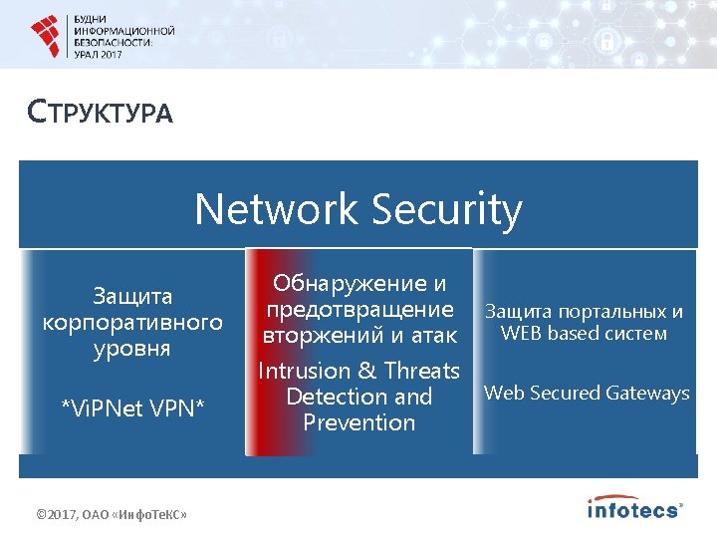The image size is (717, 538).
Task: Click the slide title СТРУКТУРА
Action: pos(101,111)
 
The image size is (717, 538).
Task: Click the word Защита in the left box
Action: pos(132,296)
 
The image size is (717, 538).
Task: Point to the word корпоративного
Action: pos(132,323)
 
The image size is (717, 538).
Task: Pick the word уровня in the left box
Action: pos(132,349)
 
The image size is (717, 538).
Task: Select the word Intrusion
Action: pos(305,371)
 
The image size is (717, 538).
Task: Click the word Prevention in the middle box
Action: pos(358,422)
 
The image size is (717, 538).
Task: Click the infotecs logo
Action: pos(634,508)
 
